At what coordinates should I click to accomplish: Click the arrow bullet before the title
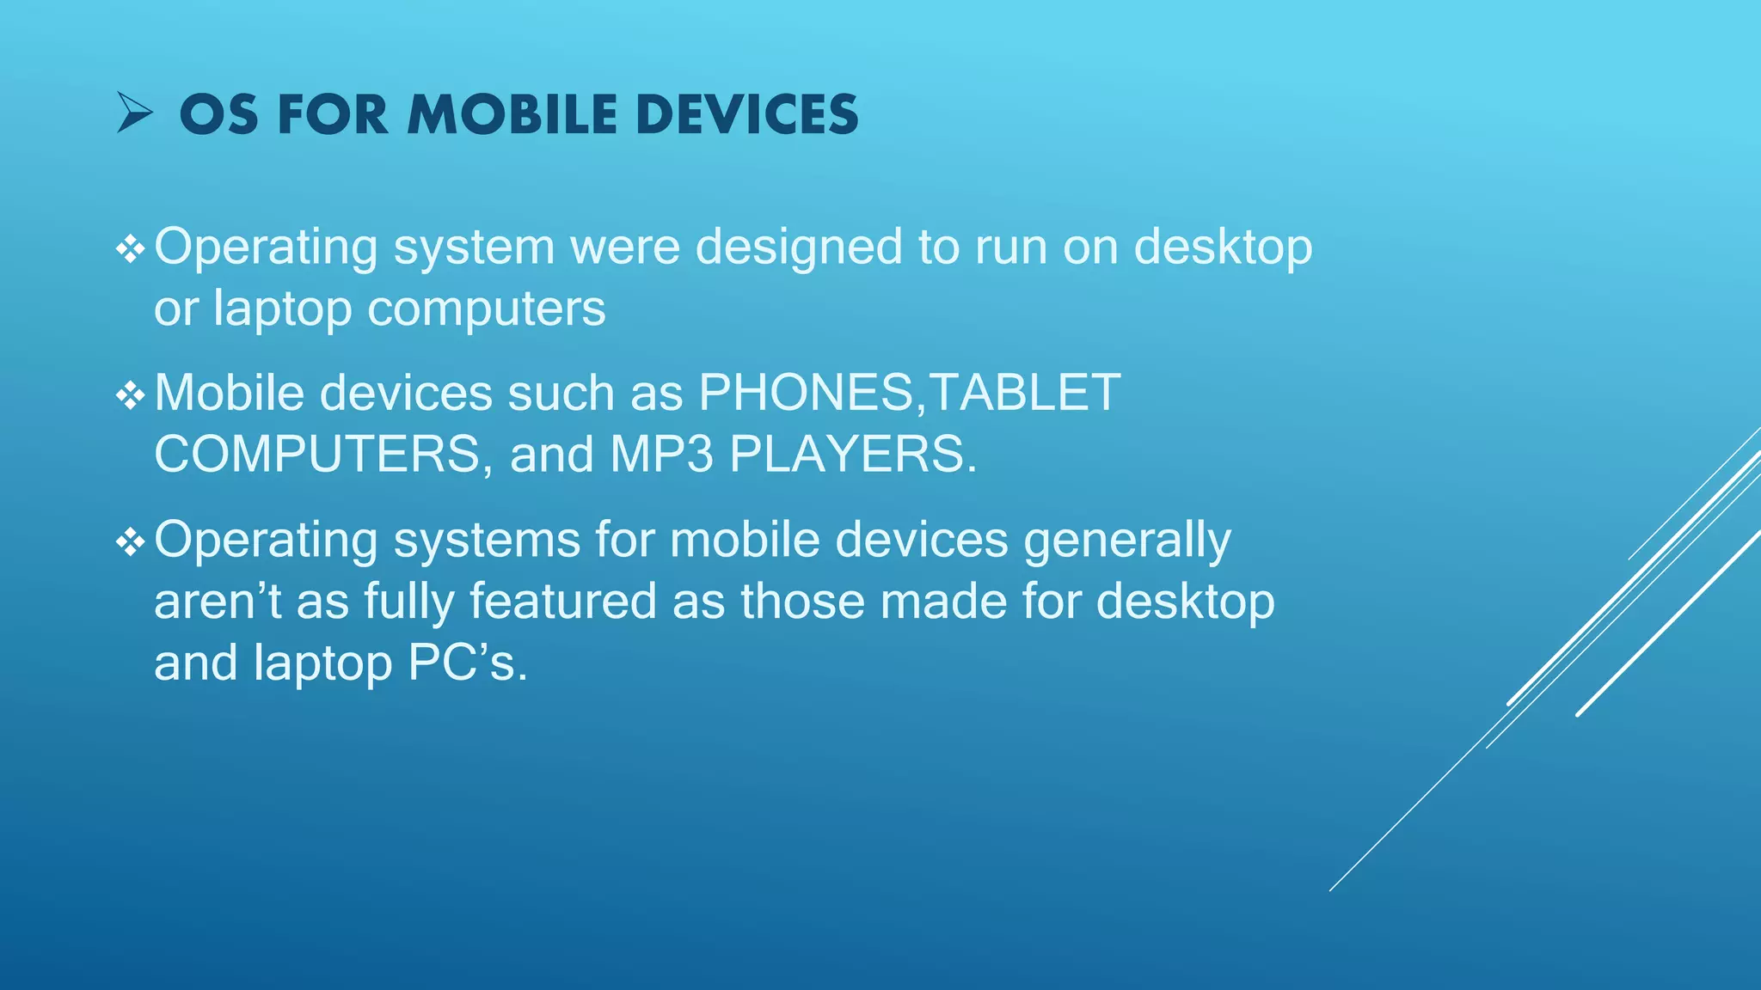click(135, 114)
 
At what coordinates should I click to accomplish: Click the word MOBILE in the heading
click(512, 114)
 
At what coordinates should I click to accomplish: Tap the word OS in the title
click(218, 114)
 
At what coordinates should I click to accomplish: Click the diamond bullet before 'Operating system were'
click(130, 249)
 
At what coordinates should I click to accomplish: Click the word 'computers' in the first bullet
click(487, 309)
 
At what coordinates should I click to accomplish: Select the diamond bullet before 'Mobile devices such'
click(130, 395)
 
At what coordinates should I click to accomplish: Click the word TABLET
click(1025, 394)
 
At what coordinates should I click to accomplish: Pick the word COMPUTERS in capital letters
click(317, 455)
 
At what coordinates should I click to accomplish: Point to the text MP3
click(661, 455)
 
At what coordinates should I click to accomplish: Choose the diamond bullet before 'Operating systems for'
click(130, 542)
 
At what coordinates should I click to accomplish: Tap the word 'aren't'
click(218, 601)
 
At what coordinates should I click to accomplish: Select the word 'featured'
click(563, 601)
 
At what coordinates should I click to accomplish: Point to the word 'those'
click(802, 601)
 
